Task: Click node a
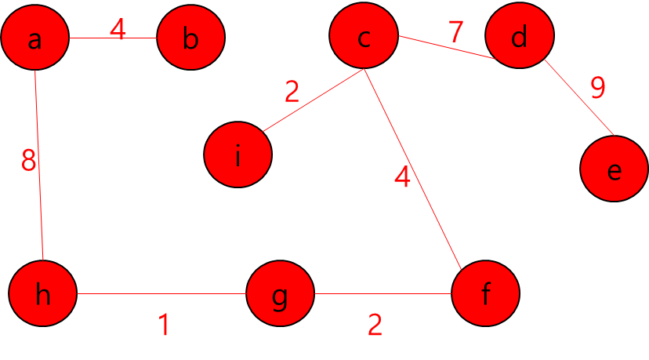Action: tap(34, 38)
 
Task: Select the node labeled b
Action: tap(190, 38)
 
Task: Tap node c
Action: tap(363, 36)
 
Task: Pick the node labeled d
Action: tap(519, 36)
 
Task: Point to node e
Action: tap(614, 169)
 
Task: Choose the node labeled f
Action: tap(486, 294)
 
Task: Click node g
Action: tap(280, 295)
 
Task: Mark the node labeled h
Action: tap(43, 295)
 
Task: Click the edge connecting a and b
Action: tap(94, 38)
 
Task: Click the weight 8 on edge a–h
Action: tap(28, 162)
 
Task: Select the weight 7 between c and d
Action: tap(456, 32)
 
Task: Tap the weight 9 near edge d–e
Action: tap(597, 88)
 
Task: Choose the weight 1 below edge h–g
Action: tap(164, 325)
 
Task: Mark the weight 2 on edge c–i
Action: tap(292, 93)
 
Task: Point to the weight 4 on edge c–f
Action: tap(402, 178)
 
